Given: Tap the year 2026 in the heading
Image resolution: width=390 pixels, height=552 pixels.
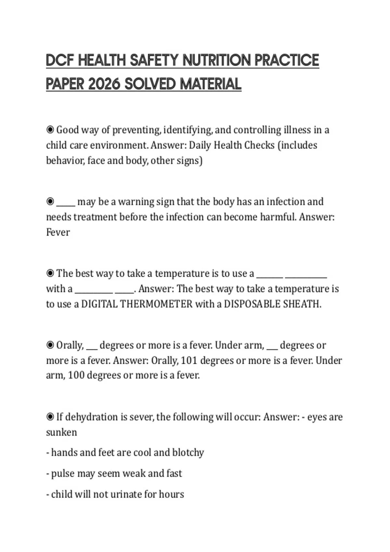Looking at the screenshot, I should coord(104,84).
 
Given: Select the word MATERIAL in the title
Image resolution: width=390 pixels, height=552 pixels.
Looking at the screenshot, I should coord(210,84).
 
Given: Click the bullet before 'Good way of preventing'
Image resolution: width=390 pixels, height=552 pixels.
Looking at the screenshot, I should coord(50,130).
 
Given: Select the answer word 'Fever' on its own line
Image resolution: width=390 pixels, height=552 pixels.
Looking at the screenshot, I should coord(58,232).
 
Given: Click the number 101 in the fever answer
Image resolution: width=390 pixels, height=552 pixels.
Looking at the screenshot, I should coord(189,360).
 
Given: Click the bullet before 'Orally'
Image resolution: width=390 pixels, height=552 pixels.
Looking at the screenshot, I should coord(50,345).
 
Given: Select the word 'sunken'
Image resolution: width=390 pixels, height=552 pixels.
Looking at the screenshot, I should coord(61,433).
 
